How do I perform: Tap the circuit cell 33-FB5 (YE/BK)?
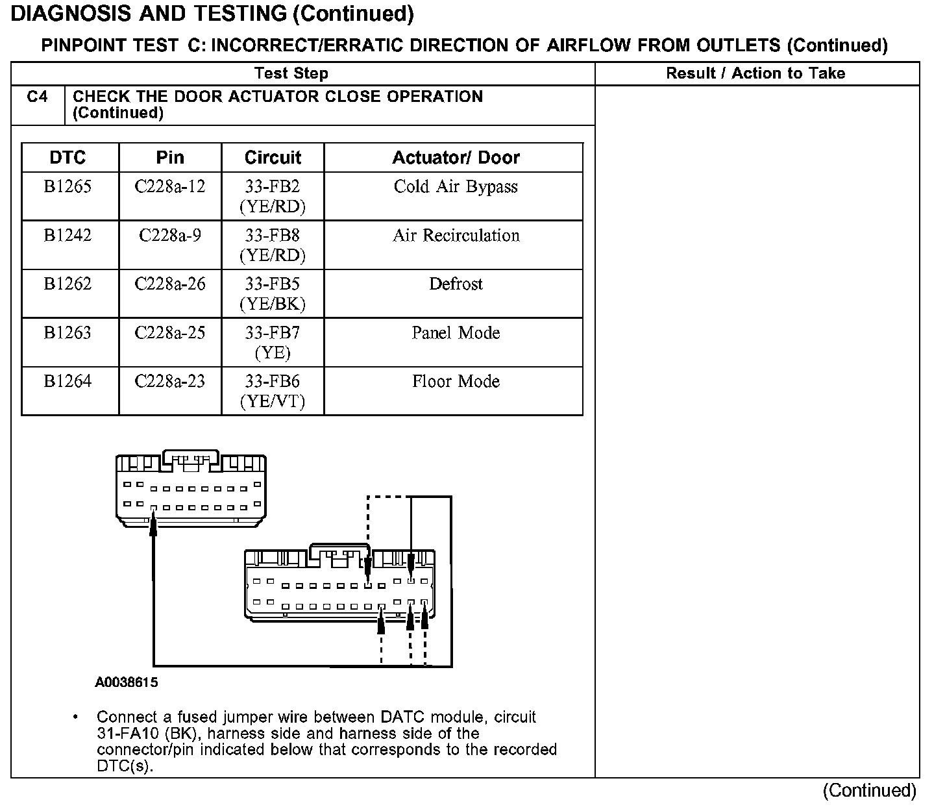(x=273, y=293)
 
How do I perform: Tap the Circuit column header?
(x=273, y=158)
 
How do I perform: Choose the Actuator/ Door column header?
(x=456, y=158)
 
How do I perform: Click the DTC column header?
(x=68, y=158)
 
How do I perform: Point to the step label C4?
(x=38, y=97)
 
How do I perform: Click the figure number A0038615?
(x=127, y=682)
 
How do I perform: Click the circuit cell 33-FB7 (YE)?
(x=273, y=342)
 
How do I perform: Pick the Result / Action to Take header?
(x=755, y=73)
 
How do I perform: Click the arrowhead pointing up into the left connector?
(x=154, y=522)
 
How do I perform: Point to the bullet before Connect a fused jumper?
(x=77, y=717)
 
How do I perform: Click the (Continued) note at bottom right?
(x=869, y=790)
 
